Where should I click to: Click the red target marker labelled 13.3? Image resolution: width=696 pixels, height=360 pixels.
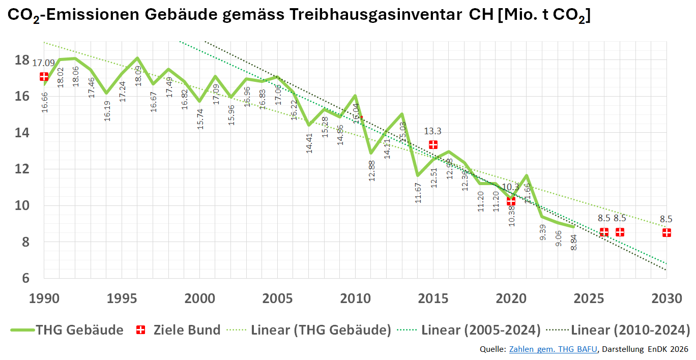433,144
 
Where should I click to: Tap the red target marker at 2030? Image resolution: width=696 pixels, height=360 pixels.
666,232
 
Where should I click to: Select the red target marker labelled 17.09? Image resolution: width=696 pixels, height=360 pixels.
44,76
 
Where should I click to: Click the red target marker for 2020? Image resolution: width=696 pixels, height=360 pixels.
511,201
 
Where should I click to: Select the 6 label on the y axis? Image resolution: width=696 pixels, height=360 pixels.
25,279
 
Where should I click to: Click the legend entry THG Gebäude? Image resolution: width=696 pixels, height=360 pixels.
79,330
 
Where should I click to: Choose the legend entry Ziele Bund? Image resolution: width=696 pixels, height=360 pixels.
187,330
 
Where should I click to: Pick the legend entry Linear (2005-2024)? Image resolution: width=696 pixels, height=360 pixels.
481,330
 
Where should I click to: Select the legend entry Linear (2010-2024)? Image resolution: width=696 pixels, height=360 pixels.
630,330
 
